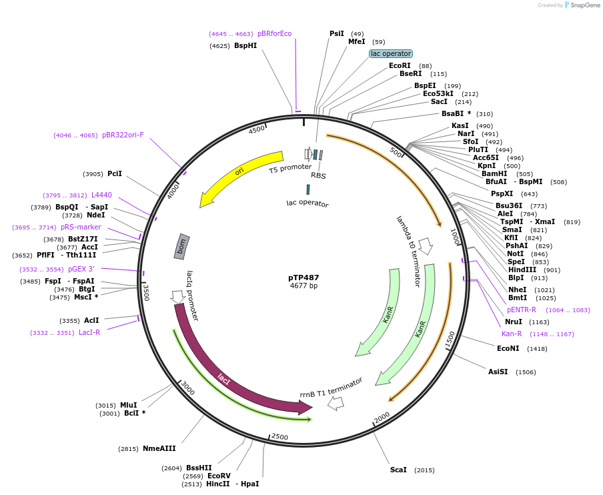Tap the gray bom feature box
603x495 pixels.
(x=181, y=247)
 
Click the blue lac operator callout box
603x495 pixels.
(x=391, y=53)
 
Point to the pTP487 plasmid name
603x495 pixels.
(x=304, y=278)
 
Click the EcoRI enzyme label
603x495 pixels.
(x=400, y=65)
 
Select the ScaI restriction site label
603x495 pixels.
(x=398, y=470)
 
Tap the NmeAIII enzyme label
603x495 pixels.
(x=159, y=449)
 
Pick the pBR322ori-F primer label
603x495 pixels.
(x=123, y=135)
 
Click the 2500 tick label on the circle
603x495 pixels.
(x=279, y=437)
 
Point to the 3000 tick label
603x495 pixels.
(x=189, y=390)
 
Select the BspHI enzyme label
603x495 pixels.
(x=245, y=45)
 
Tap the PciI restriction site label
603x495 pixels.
(x=115, y=173)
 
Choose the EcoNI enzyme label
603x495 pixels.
(x=508, y=348)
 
